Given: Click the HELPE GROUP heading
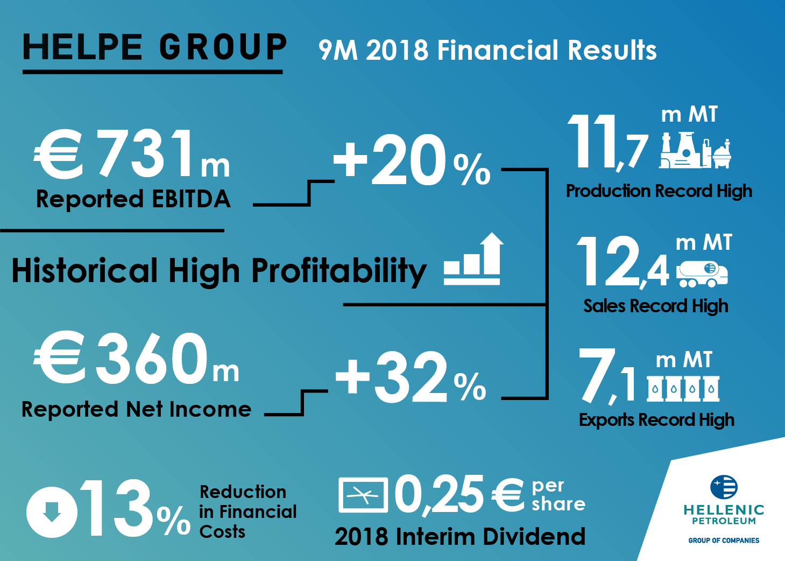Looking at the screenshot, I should click(x=154, y=47).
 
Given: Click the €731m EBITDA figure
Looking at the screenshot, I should click(x=132, y=155).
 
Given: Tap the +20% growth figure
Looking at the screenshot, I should click(x=412, y=160).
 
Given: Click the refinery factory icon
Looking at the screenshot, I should click(x=695, y=151).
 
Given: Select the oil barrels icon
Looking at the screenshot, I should click(x=683, y=388).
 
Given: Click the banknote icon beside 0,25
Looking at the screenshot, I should click(x=363, y=495).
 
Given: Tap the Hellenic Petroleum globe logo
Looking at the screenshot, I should click(x=724, y=487).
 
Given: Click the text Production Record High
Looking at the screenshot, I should click(x=659, y=191).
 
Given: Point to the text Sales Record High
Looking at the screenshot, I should click(x=655, y=306).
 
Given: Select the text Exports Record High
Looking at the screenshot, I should click(x=656, y=420).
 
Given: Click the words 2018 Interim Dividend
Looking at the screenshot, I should click(x=460, y=537).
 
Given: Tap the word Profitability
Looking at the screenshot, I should click(x=339, y=271).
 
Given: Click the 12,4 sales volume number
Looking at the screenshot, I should click(x=623, y=262).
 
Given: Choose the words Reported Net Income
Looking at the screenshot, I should click(x=136, y=410).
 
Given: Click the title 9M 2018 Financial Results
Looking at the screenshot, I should click(x=487, y=50).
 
